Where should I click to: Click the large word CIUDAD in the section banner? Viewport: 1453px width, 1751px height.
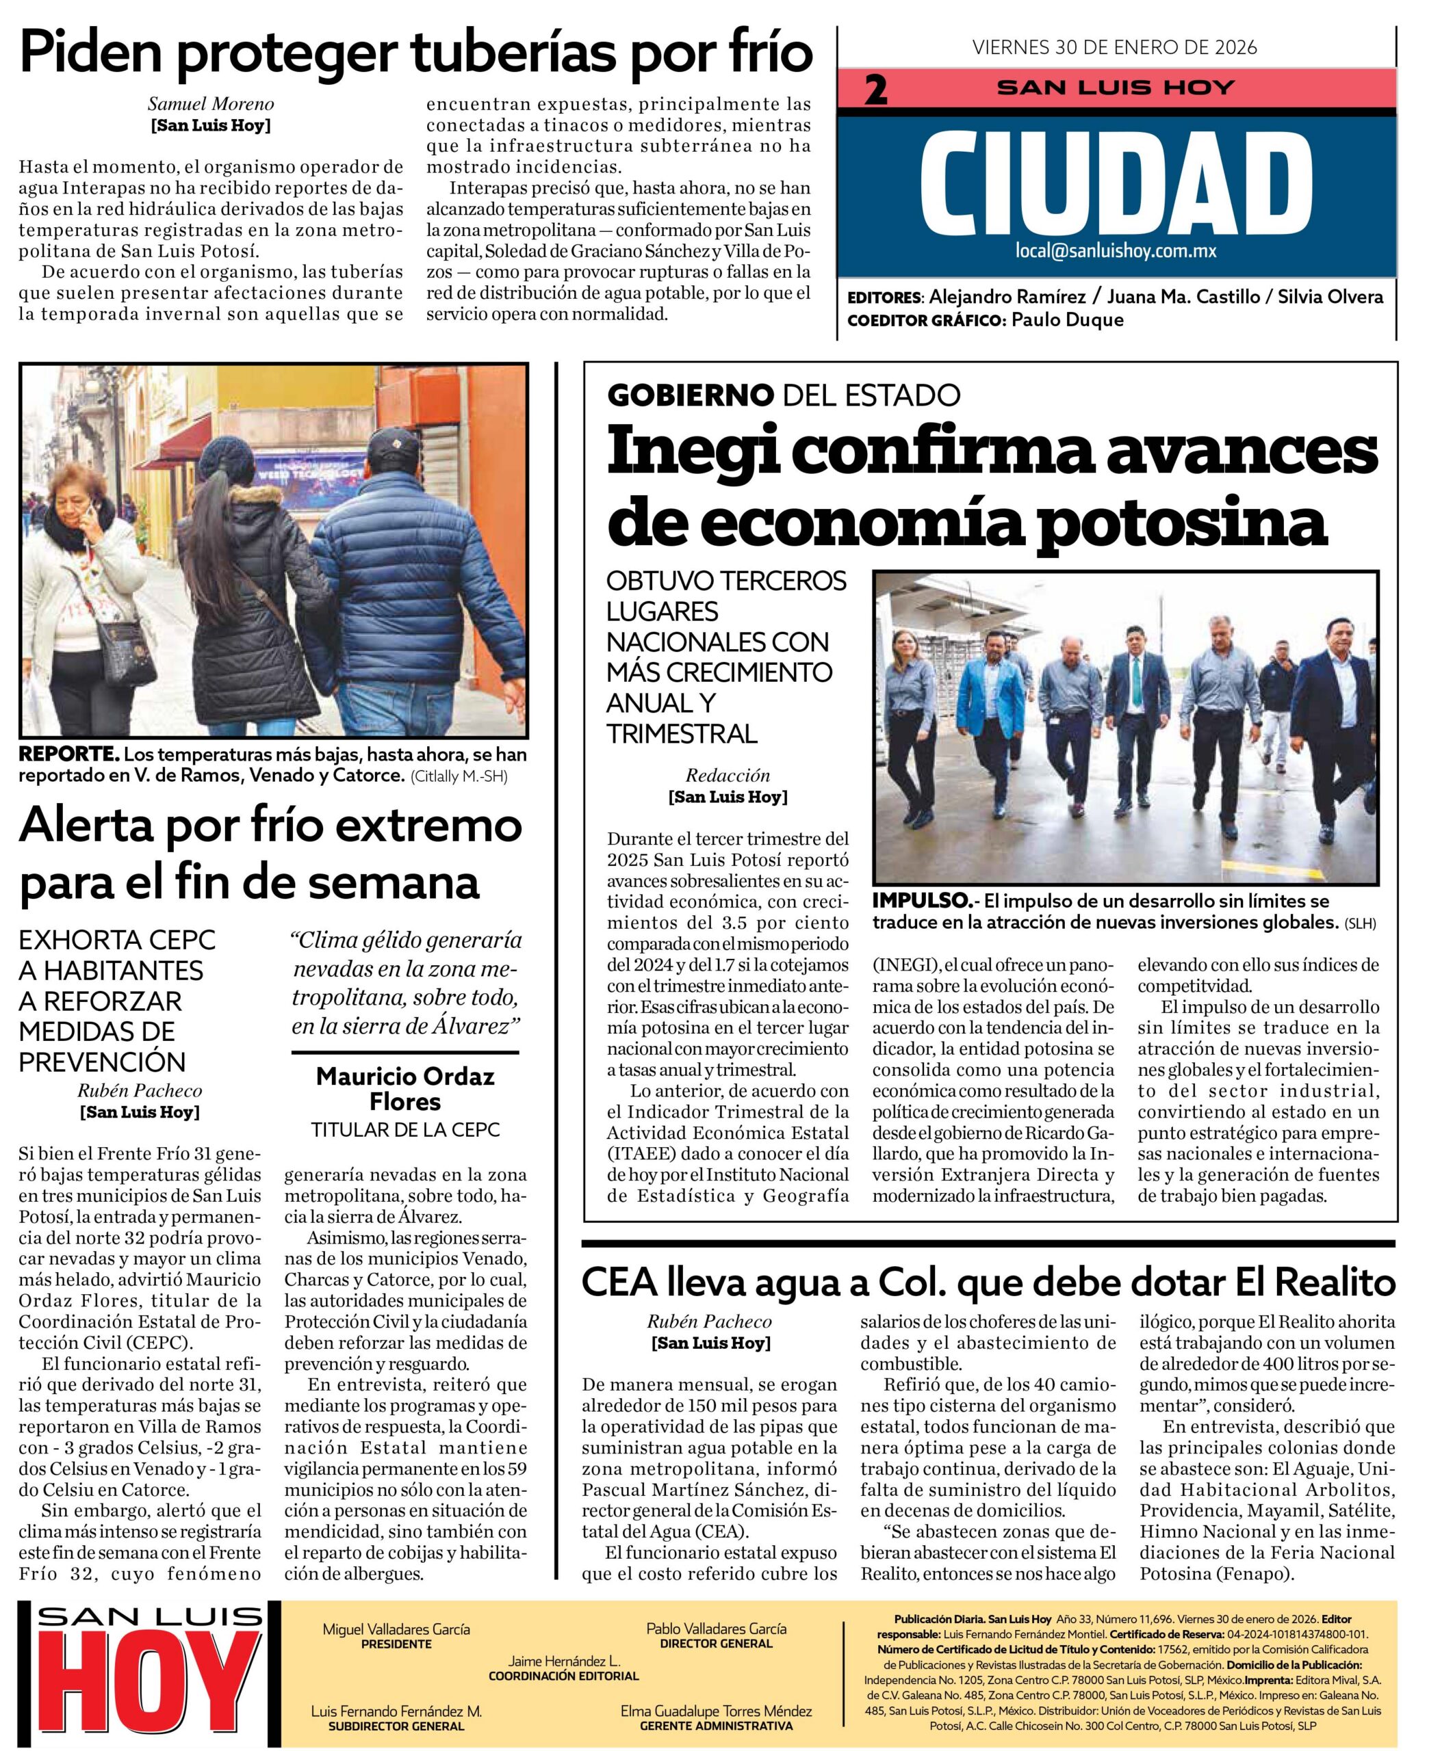[1116, 183]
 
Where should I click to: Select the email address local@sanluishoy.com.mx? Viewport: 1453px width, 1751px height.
[1116, 251]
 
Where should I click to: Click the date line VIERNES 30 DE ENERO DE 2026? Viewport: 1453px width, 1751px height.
[1114, 47]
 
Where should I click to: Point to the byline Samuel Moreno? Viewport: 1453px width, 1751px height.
[210, 104]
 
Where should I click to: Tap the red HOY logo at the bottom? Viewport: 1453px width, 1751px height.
[150, 1693]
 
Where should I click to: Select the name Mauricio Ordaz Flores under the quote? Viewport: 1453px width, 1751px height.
[405, 1089]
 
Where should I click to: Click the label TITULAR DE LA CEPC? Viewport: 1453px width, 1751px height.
[405, 1131]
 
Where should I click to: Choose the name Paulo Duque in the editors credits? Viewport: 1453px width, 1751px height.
[1067, 320]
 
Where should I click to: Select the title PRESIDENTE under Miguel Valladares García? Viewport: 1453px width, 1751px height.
[396, 1644]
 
